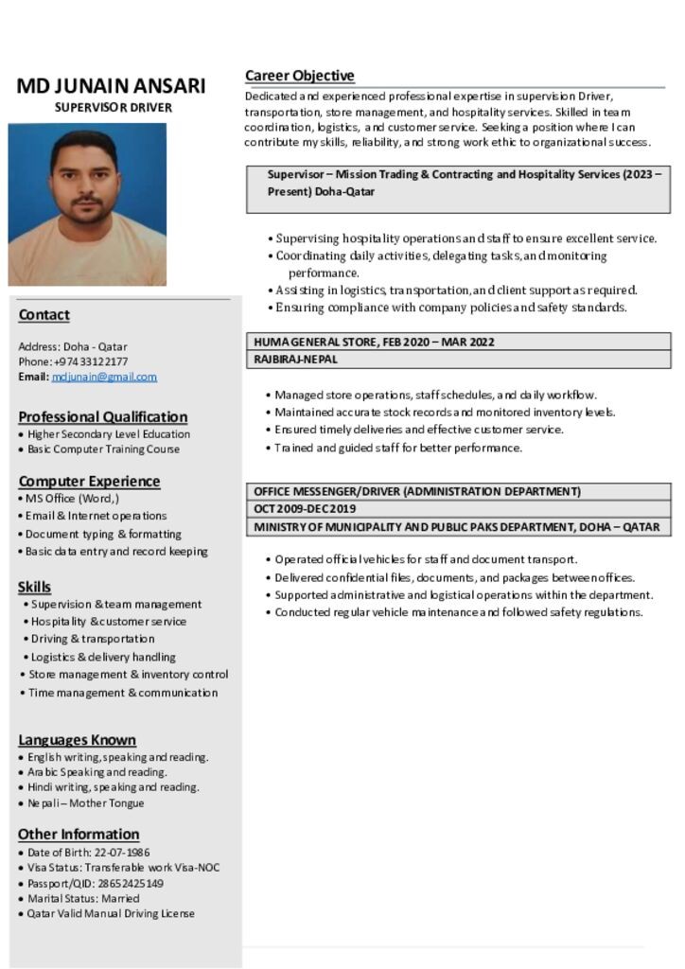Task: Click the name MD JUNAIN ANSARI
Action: click(111, 86)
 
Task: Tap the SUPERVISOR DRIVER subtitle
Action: click(113, 108)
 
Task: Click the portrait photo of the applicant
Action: click(87, 204)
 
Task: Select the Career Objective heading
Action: click(299, 76)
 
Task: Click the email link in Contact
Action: click(104, 377)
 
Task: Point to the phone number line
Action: click(73, 361)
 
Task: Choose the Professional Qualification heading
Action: click(102, 416)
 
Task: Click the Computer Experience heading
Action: click(89, 481)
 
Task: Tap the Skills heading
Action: click(34, 587)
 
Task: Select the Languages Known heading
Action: click(77, 740)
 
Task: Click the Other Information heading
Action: click(79, 834)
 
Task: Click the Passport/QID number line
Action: click(95, 883)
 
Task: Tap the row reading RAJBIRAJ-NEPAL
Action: click(295, 360)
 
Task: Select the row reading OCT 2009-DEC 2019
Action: click(305, 509)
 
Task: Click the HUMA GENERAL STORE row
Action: click(374, 342)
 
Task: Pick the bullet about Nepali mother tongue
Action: click(85, 803)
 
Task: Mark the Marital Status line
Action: click(83, 898)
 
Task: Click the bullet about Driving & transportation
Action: click(92, 639)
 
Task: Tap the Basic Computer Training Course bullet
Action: click(103, 449)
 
